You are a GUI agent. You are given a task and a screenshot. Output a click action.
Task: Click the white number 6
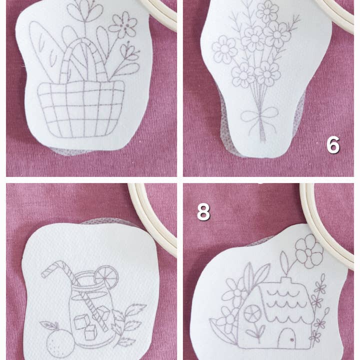333,145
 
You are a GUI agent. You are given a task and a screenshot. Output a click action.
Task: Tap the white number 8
203,211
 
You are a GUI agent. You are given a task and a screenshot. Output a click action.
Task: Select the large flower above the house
308,250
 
